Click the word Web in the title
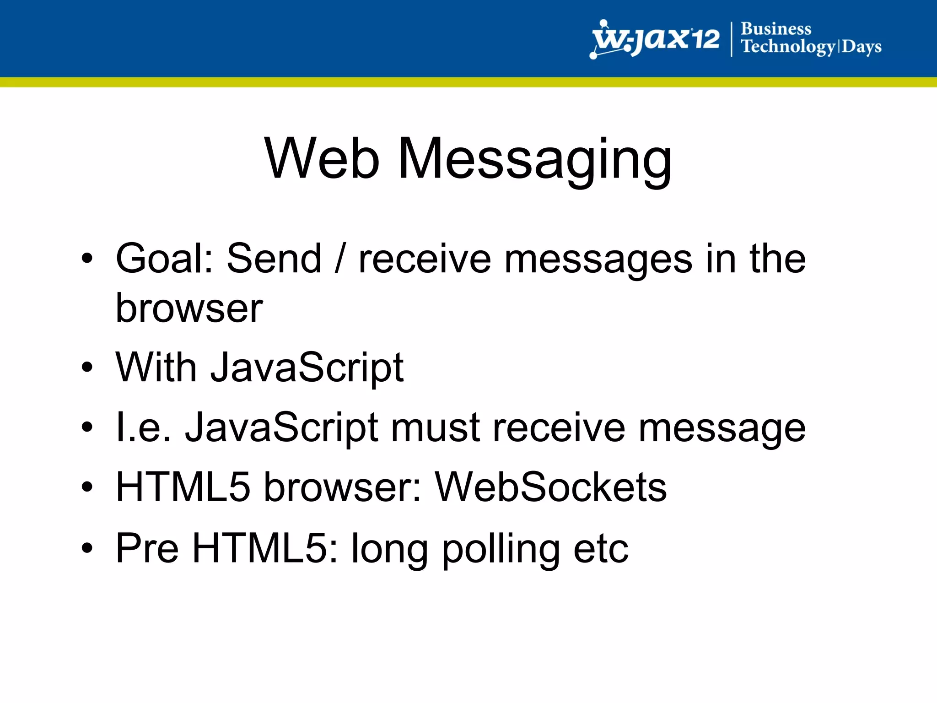pyautogui.click(x=322, y=159)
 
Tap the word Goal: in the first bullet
pyautogui.click(x=165, y=259)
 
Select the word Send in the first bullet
pyautogui.click(x=274, y=259)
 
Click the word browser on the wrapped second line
pyautogui.click(x=189, y=308)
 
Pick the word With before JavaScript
pyautogui.click(x=156, y=367)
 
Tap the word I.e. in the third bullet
pyautogui.click(x=144, y=427)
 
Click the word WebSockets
pyautogui.click(x=550, y=487)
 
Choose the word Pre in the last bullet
pyautogui.click(x=147, y=548)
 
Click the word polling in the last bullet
pyautogui.click(x=501, y=549)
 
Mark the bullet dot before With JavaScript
pyautogui.click(x=87, y=367)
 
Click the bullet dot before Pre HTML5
pyautogui.click(x=87, y=548)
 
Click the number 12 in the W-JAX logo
pyautogui.click(x=705, y=39)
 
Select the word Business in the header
pyautogui.click(x=776, y=29)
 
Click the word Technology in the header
pyautogui.click(x=788, y=47)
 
